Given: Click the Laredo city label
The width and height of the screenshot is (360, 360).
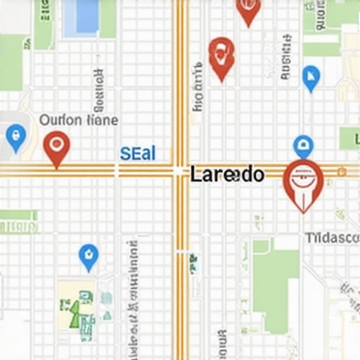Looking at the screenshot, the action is coord(226,174).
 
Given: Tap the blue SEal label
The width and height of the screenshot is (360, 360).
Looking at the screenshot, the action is coord(138,154).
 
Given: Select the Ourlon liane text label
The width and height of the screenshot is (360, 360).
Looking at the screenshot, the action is coord(78,120).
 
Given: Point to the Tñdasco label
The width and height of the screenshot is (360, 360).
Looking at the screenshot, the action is coord(332,238).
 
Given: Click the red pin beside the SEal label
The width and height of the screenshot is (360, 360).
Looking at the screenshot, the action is coord(56,148).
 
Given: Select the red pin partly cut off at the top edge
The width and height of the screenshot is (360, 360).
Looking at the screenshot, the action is coord(247,10).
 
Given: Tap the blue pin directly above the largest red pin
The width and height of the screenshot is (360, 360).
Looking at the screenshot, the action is coord(303,146).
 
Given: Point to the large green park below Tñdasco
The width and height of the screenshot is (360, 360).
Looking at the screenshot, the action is coord(276,281).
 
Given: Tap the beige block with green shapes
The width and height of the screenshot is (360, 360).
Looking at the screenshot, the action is coord(77,304).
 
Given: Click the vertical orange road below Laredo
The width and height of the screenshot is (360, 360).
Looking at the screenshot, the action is coord(181,281).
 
